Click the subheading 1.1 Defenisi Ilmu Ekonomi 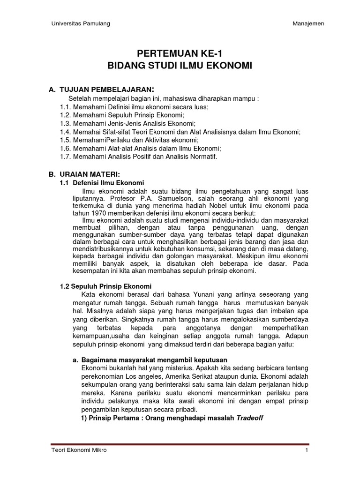pyautogui.click(x=100, y=182)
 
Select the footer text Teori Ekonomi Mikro pyautogui.click(x=79, y=450)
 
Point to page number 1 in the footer pyautogui.click(x=306, y=450)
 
